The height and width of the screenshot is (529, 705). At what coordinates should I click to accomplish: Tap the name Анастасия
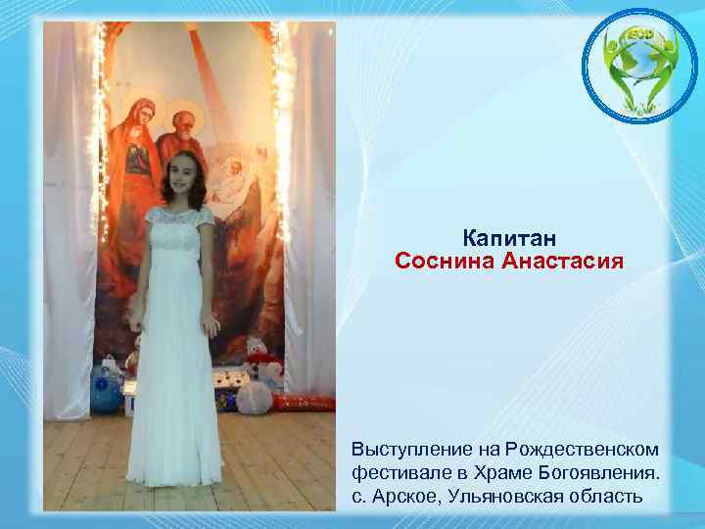(x=561, y=262)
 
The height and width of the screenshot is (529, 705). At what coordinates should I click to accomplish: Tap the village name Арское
(x=403, y=496)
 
